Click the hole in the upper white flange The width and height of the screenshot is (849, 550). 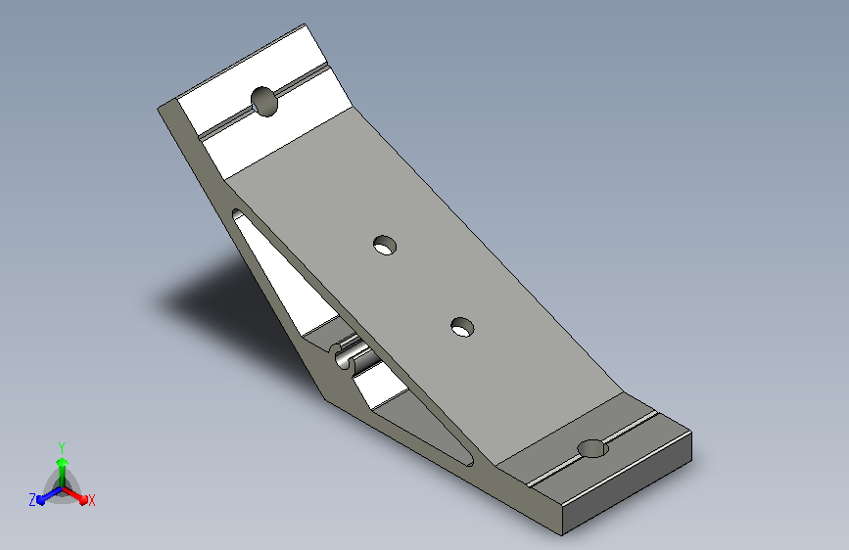264,101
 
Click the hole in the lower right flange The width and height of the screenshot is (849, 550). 591,449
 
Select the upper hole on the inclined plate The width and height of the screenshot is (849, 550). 385,246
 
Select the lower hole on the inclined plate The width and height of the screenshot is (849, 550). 462,327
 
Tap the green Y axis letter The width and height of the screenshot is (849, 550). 62,447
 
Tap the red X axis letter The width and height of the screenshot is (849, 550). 91,500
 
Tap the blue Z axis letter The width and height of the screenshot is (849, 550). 32,500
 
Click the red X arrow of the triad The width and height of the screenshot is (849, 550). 74,495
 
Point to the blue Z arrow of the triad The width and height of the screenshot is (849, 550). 50,496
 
